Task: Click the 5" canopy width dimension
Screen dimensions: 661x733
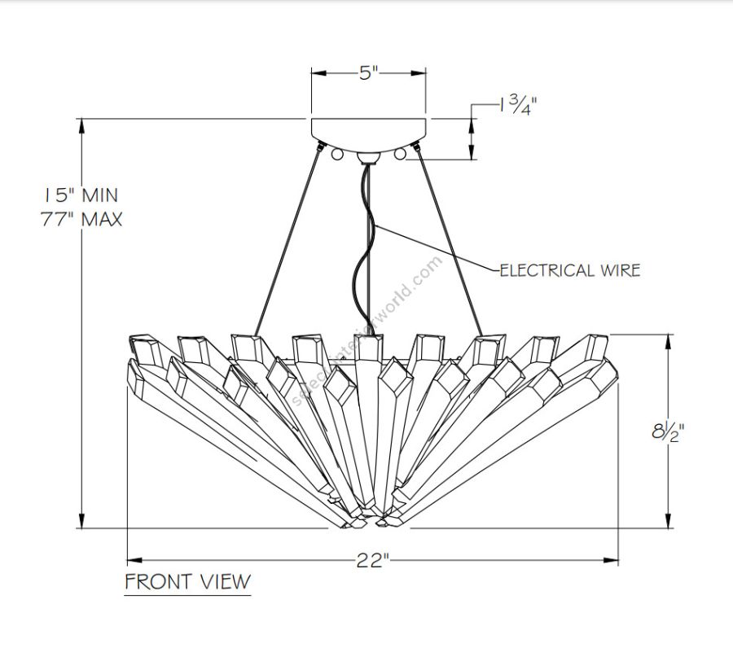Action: (x=369, y=73)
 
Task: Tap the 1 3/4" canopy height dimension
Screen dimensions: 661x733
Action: (x=517, y=105)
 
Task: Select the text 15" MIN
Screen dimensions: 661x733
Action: (x=81, y=195)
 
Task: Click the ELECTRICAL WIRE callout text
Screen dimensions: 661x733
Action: (x=569, y=270)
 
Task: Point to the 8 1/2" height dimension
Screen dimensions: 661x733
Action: (x=666, y=431)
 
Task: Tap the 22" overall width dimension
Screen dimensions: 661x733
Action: (x=371, y=560)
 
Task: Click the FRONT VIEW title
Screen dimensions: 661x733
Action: (x=187, y=581)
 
